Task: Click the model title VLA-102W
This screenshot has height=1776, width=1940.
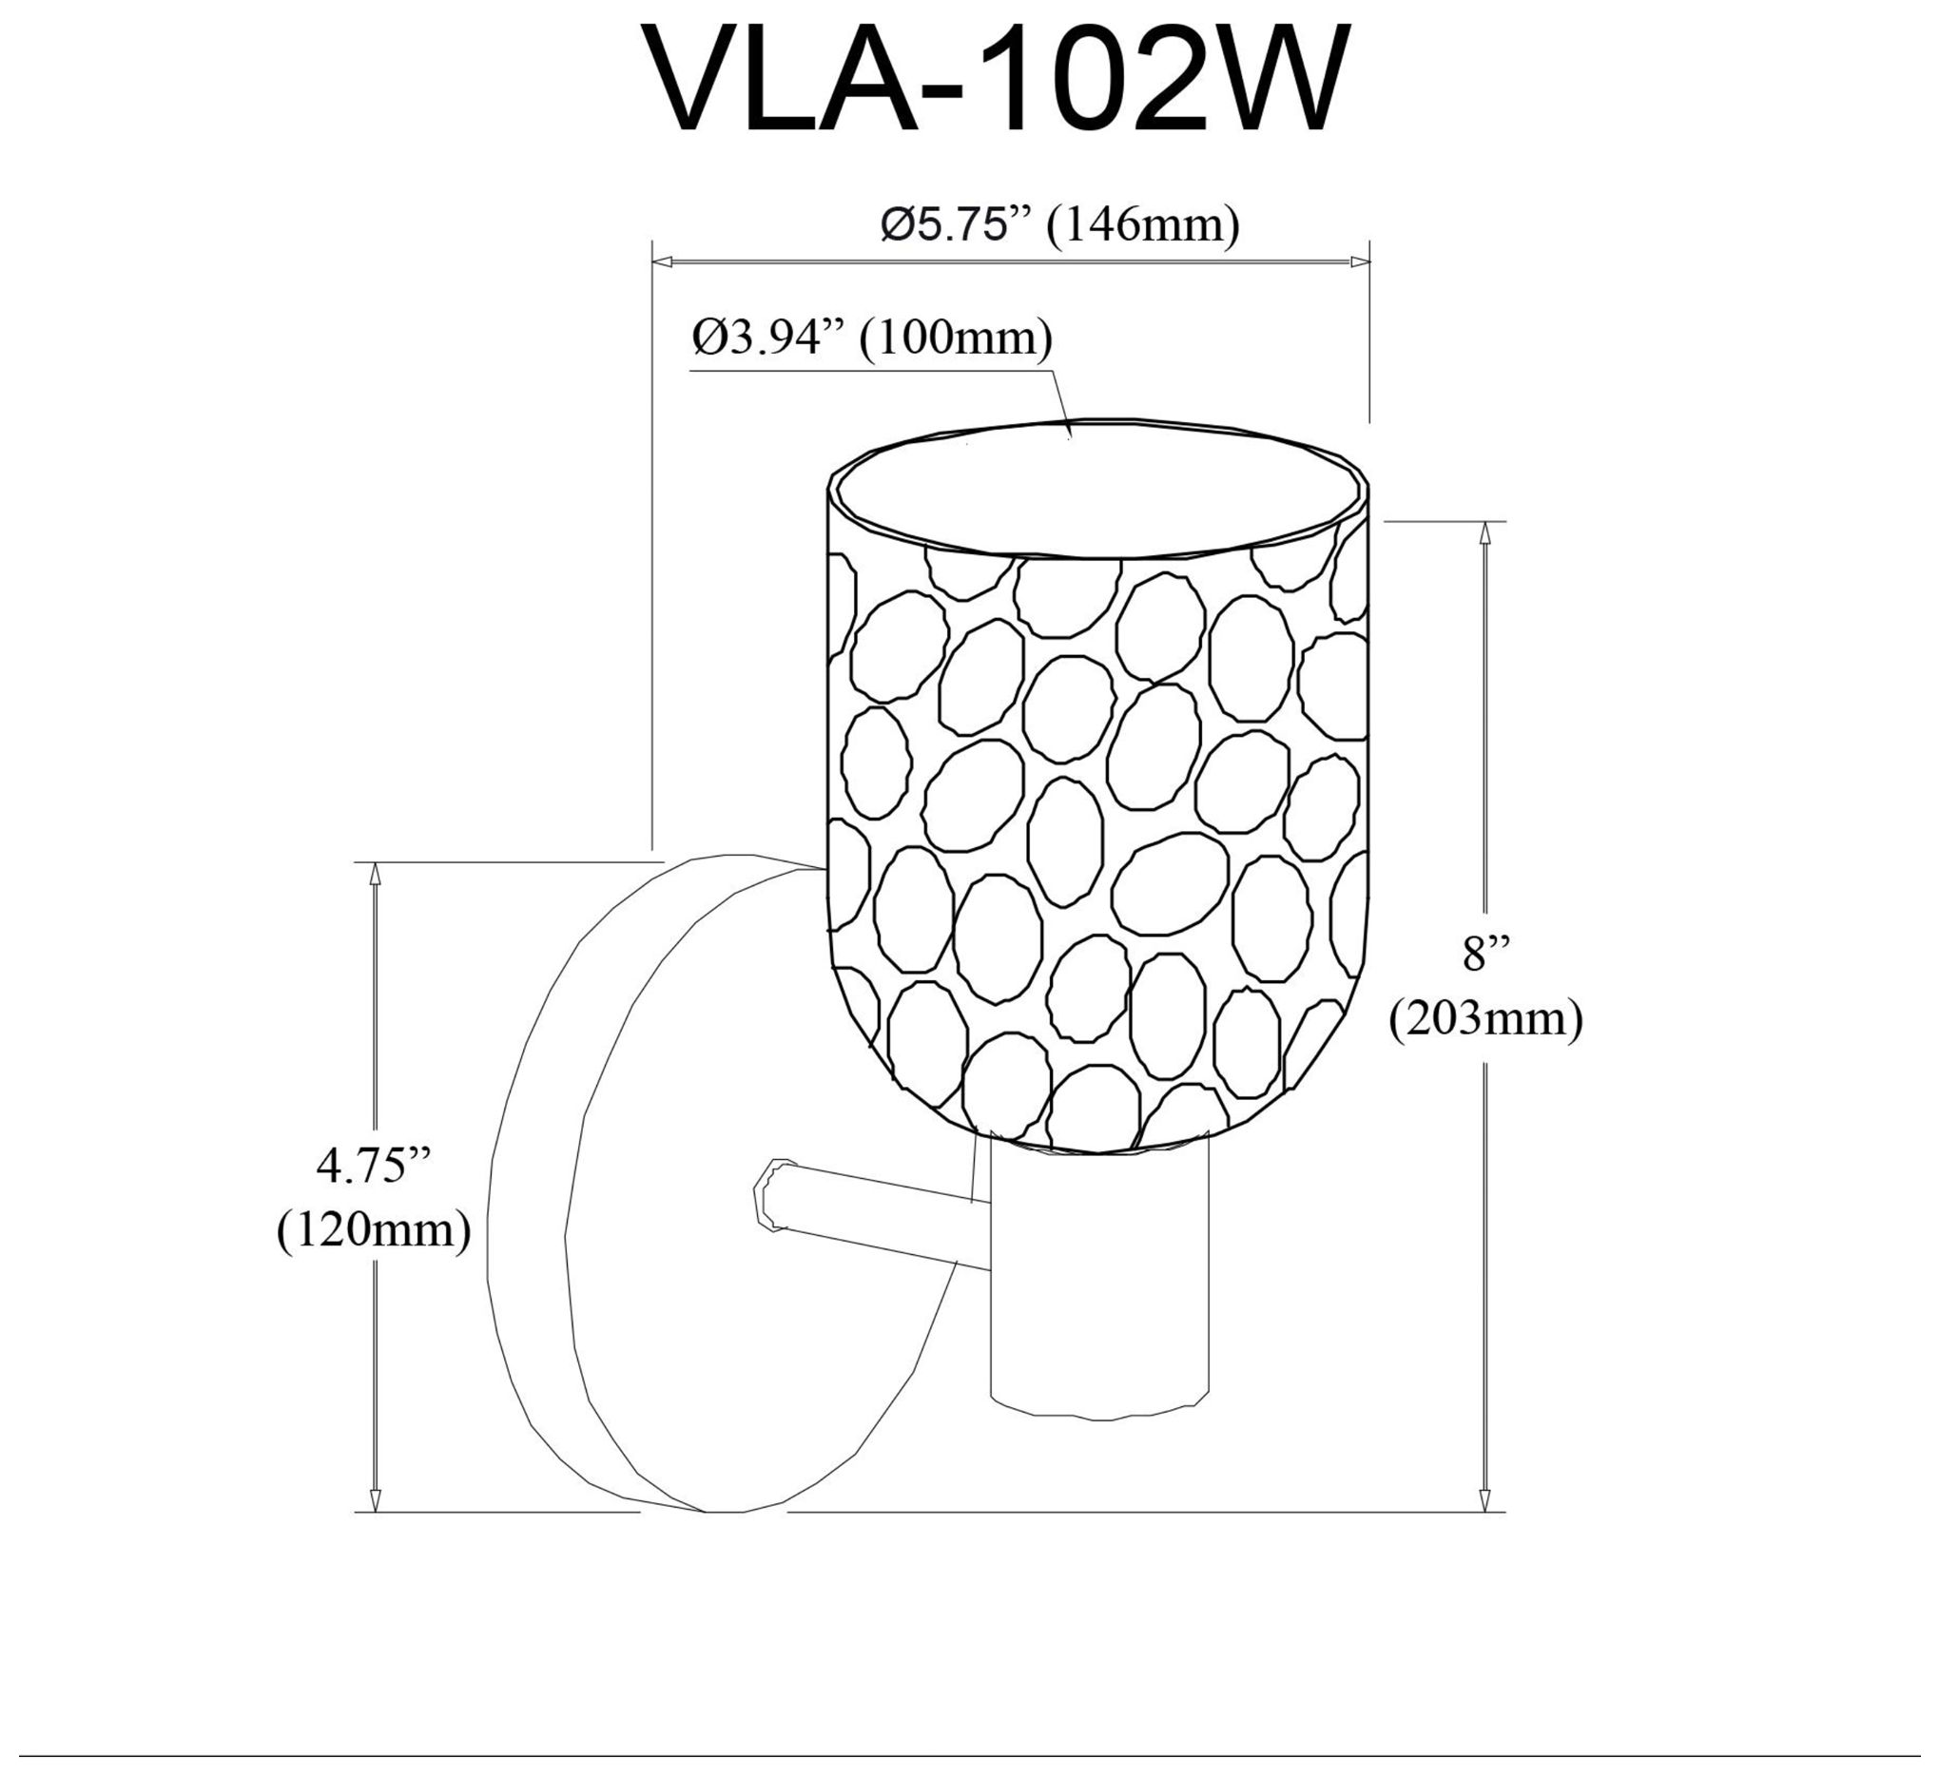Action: point(997,80)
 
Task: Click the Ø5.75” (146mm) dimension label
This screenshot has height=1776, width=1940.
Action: point(1060,226)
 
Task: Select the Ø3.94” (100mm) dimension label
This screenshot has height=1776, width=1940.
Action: point(872,338)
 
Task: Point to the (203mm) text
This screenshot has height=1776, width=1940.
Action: point(1485,1019)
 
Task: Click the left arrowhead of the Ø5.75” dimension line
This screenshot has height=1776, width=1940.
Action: point(662,261)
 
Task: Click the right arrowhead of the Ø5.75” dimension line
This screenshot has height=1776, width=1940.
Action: point(1360,261)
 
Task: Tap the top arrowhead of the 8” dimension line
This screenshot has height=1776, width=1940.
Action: point(1486,532)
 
